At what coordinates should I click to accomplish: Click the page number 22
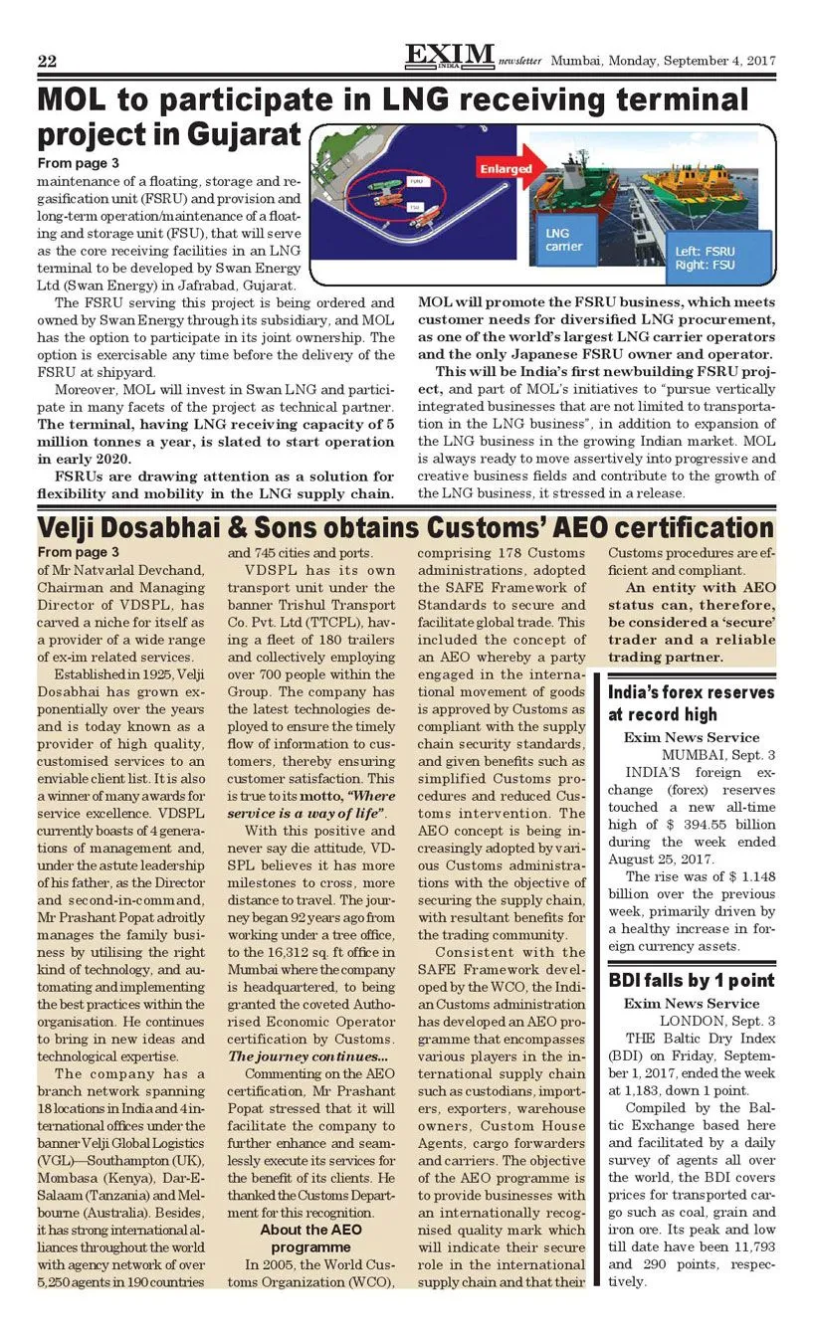click(x=47, y=62)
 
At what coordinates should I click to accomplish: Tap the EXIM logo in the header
click(x=450, y=56)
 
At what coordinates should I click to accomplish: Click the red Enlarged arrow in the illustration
click(x=508, y=168)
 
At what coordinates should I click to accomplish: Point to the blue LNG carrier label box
click(x=563, y=240)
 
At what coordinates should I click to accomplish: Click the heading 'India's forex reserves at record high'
click(x=691, y=702)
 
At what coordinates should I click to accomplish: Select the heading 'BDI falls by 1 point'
click(x=691, y=981)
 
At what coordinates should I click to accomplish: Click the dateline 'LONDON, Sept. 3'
click(x=716, y=1021)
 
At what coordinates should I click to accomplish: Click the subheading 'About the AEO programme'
click(x=311, y=1238)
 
